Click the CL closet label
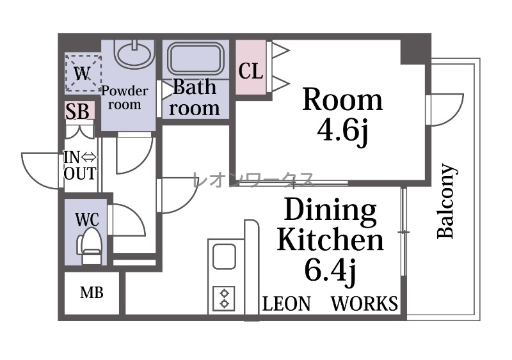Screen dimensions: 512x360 251,71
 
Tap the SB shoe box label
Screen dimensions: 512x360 77,111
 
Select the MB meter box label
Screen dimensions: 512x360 92,293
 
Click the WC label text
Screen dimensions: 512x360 87,219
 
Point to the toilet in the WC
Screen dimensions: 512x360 89,246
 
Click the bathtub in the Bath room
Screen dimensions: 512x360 195,58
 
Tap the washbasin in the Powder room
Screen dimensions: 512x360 134,54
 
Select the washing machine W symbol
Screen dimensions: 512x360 83,74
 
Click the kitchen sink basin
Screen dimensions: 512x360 225,257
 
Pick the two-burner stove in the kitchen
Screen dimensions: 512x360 224,299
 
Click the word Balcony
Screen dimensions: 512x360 445,201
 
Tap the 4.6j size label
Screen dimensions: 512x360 342,130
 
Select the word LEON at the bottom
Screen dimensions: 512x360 286,304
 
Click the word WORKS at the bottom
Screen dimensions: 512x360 365,304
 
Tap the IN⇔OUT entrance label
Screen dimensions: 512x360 81,166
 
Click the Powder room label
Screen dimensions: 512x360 125,98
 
